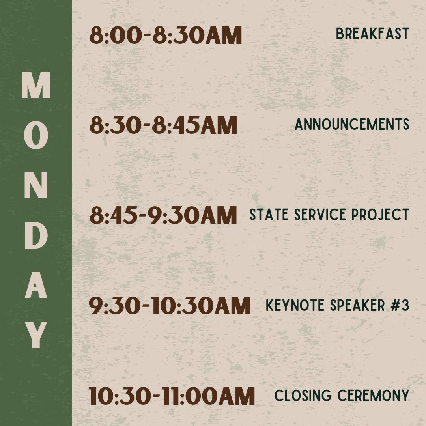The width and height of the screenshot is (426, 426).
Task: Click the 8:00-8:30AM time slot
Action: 165,35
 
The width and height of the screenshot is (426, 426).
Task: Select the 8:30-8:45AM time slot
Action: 163,125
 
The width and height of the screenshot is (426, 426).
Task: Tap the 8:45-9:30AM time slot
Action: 163,216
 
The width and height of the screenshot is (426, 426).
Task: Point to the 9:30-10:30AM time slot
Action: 170,306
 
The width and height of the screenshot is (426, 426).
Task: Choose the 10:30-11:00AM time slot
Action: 172,396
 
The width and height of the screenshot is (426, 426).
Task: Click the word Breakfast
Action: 372,34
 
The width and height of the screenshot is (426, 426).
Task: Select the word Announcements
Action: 352,125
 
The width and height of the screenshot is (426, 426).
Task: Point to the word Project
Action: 380,215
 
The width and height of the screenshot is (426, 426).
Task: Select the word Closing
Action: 300,396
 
